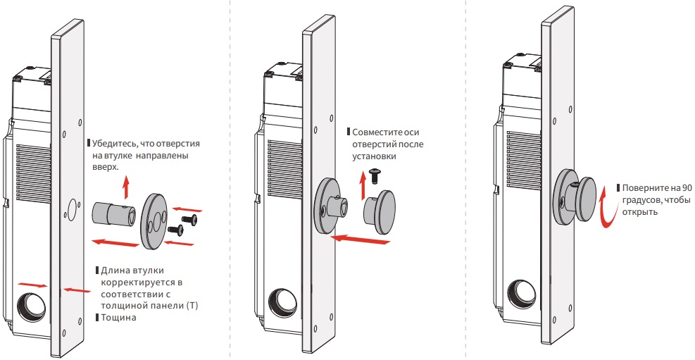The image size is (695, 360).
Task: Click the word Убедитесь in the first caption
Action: [113, 143]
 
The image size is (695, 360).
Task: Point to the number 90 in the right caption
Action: [687, 188]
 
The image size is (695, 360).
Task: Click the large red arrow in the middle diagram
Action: [361, 239]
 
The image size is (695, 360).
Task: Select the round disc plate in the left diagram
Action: [153, 221]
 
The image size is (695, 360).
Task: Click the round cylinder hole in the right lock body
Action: [524, 294]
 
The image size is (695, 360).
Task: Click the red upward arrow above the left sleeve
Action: [126, 186]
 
